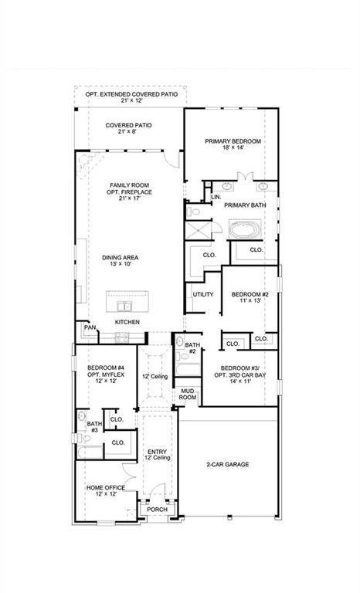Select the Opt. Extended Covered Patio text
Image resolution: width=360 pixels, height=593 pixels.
point(131,98)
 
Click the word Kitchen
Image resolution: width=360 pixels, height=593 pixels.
point(128,320)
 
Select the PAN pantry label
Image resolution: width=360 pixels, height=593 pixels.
point(89,328)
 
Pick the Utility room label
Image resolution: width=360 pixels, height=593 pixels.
point(203,294)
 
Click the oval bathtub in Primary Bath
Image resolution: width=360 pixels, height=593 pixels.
point(246,229)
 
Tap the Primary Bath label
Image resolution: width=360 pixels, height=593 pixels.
point(245,205)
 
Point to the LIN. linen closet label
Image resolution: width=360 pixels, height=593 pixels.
point(215,197)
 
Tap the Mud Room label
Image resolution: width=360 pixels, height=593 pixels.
point(188,395)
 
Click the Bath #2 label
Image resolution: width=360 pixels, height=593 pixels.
point(192,348)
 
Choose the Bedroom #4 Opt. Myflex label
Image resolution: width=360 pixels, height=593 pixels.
point(105,374)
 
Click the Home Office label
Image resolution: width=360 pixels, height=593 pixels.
point(105,491)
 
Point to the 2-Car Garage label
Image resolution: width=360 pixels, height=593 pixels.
point(227,465)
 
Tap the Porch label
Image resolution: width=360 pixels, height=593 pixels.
point(157,510)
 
